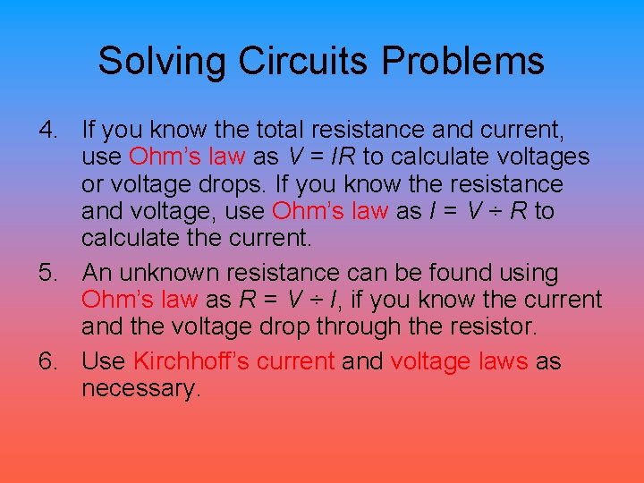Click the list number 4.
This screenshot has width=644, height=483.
47,131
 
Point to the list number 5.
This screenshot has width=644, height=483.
47,273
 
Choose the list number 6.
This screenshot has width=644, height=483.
47,361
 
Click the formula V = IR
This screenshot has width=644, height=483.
322,157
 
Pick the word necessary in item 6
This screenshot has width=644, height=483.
140,389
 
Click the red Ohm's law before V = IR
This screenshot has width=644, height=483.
187,157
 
